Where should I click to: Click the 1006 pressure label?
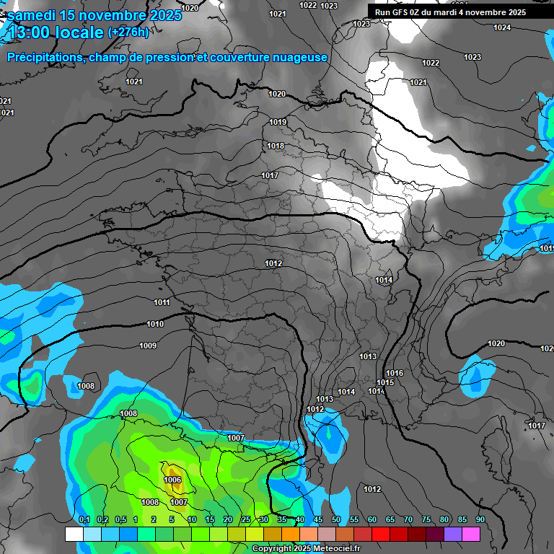coord(172,480)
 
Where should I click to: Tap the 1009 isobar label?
coord(148,346)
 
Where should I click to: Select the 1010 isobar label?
coord(155,325)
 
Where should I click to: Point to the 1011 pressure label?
coord(162,302)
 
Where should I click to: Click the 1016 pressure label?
coord(395,373)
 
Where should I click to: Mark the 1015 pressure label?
coord(385,382)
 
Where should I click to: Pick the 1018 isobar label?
coord(276,146)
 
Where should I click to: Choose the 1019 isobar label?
coord(278,122)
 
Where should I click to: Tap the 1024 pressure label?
coord(502,28)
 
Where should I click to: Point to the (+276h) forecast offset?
coord(128,32)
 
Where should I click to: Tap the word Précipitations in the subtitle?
coord(43,58)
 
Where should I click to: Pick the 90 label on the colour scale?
coord(480,520)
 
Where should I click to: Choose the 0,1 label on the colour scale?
coord(84,520)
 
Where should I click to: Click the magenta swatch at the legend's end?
coord(471,534)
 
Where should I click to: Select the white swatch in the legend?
coord(74,534)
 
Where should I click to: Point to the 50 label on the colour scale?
coord(336,520)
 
